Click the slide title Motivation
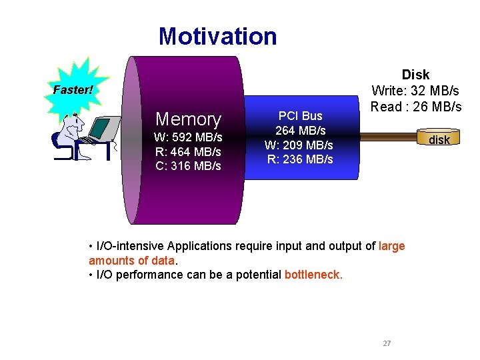tap(217, 36)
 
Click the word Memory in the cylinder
tap(187, 119)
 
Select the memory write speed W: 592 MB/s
tap(187, 137)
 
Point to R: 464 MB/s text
tap(187, 151)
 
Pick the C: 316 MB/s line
tap(187, 165)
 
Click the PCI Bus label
tap(300, 116)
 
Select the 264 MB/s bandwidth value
tap(300, 130)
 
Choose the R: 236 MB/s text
tap(300, 159)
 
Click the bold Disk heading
tap(415, 74)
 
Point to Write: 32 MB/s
tap(415, 90)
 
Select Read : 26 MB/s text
tap(415, 106)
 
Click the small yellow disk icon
tap(439, 139)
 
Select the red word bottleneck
tap(313, 275)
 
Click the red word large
tap(391, 246)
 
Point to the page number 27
tap(387, 343)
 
